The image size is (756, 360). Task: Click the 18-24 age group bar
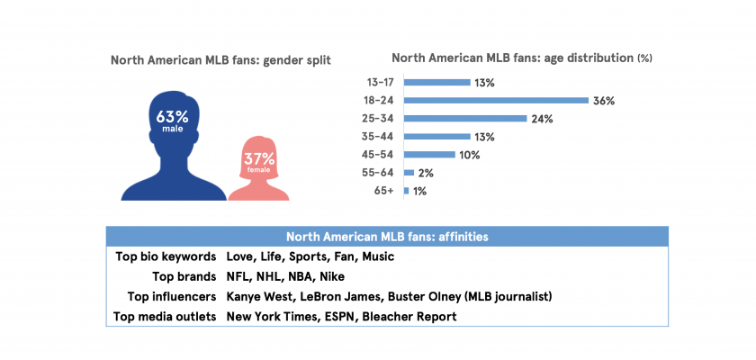coord(496,100)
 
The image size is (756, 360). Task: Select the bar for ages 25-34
coord(465,118)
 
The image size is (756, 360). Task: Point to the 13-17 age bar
coord(437,82)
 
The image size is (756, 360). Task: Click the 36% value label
coord(604,101)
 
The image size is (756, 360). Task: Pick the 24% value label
coord(542,119)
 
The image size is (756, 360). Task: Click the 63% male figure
coord(172,121)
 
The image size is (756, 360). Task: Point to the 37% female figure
coord(259,162)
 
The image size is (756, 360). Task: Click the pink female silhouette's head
coord(259,151)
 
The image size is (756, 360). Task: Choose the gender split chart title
coord(220,60)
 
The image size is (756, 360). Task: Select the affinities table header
coord(387,237)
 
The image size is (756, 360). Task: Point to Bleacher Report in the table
coord(409,317)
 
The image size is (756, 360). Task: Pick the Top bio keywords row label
coord(166,256)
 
